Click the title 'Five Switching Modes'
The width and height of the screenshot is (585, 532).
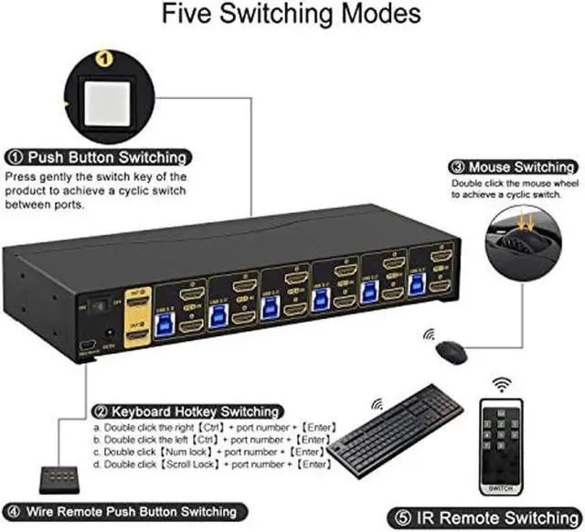[292, 16]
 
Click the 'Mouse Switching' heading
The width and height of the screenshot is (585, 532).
[513, 167]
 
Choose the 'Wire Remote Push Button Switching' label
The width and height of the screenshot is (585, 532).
[122, 511]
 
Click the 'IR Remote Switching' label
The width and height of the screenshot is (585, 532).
[491, 514]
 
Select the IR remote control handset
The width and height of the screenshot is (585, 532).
[499, 439]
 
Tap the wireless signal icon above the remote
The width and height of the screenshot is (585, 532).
[500, 382]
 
